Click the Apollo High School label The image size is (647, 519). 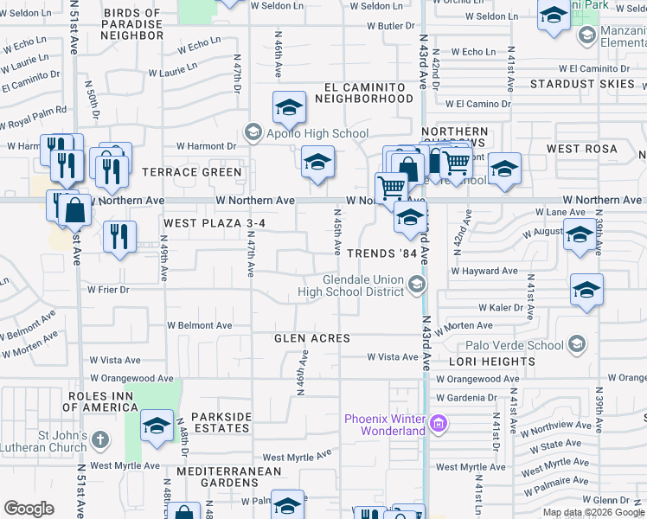tap(317, 134)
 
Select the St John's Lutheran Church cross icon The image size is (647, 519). tap(99, 440)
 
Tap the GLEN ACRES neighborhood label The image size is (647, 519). tap(312, 338)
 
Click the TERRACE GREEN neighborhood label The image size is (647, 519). tap(192, 172)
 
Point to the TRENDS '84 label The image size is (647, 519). tap(387, 254)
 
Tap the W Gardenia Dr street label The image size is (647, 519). tap(467, 398)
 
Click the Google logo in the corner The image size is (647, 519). tap(29, 509)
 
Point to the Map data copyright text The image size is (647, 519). tap(593, 512)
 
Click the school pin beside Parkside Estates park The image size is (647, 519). tap(157, 427)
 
